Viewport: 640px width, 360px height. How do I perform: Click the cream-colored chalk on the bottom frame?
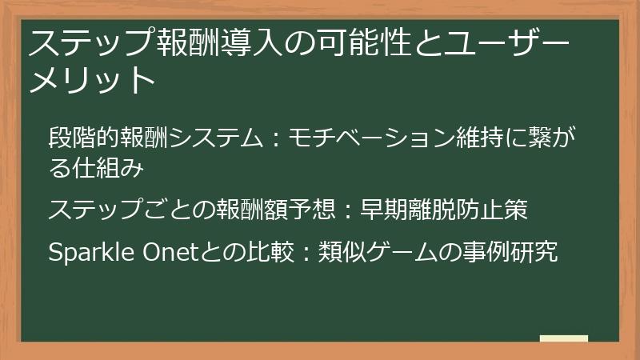click(x=564, y=338)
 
